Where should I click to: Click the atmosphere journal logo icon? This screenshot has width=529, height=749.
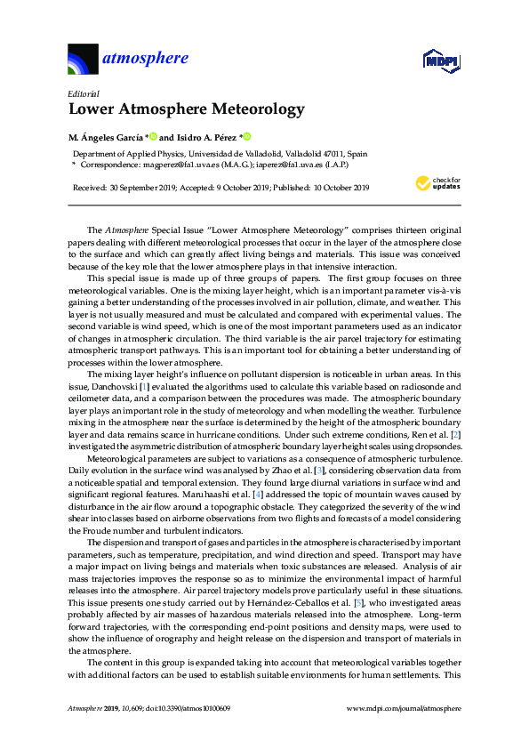tap(84, 59)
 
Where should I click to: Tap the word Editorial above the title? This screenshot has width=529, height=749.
tap(83, 93)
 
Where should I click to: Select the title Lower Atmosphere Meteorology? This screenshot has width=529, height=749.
tap(186, 110)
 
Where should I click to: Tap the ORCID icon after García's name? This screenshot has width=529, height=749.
tap(153, 136)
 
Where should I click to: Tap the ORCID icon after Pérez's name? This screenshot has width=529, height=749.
tap(248, 136)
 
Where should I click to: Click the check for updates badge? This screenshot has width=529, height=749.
tap(438, 184)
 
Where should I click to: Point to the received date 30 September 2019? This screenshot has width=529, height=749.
tap(140, 188)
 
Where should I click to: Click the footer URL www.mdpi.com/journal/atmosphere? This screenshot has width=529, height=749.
tap(403, 708)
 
